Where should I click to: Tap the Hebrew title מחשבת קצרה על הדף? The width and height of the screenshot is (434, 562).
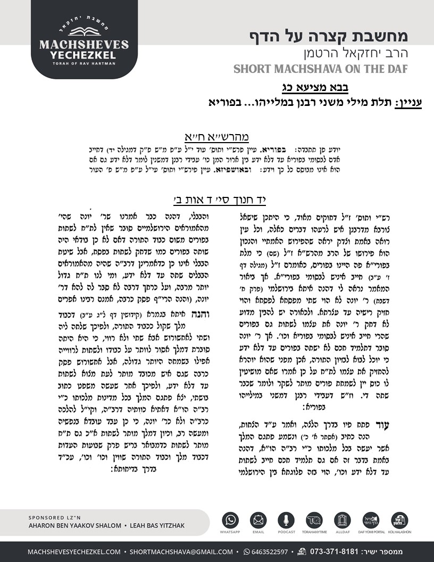coord(336,37)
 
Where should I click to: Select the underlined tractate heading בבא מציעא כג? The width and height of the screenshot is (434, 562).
coord(315,87)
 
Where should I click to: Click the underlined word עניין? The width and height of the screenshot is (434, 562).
coord(407,101)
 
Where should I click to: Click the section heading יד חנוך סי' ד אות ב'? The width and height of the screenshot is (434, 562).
coord(220,200)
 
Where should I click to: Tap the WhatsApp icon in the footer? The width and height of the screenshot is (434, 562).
coord(231,520)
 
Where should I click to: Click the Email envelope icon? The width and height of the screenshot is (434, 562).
coord(258,520)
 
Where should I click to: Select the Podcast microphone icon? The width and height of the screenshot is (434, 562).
coord(286,520)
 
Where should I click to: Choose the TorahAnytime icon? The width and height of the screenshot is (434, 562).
coord(314,520)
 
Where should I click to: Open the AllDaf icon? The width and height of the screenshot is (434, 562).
coord(342,520)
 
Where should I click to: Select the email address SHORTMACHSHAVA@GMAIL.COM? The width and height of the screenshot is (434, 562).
coord(181,552)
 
